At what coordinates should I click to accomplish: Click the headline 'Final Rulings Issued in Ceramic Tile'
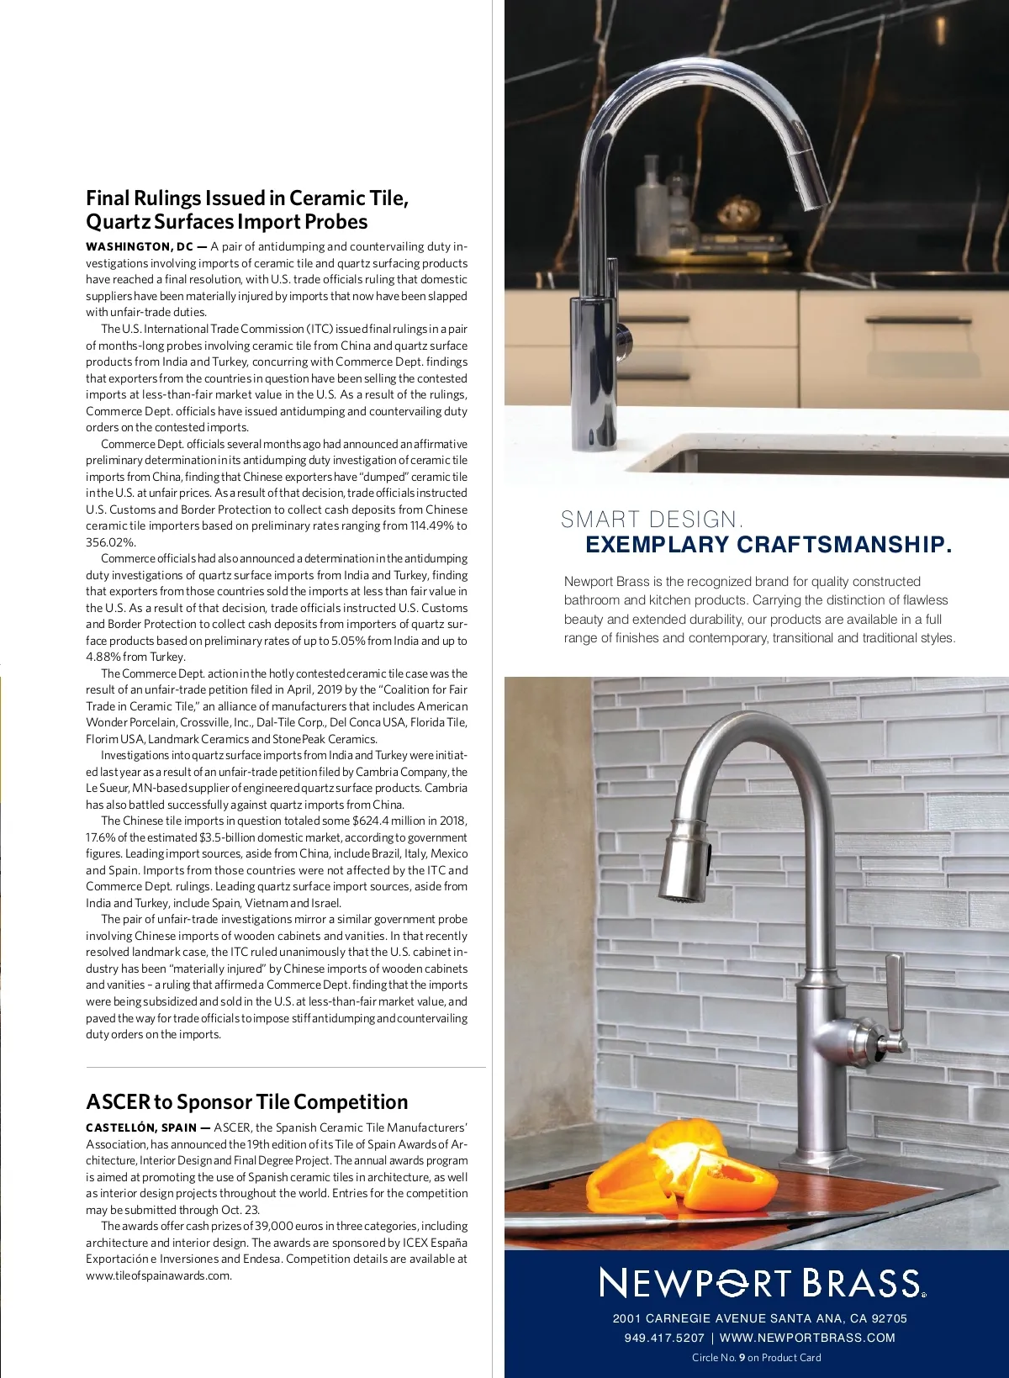coord(247,198)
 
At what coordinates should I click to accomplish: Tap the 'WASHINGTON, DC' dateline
coord(140,246)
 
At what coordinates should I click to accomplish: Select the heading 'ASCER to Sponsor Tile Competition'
coord(246,1101)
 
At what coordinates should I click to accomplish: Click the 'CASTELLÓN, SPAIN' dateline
coord(141,1127)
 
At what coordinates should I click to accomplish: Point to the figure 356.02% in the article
coord(110,542)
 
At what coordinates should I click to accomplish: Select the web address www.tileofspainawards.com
coord(158,1275)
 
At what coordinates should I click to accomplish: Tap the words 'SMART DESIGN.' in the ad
coord(652,520)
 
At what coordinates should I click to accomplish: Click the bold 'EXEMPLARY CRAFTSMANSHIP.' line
coord(769,545)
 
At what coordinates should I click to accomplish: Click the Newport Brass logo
coord(762,1283)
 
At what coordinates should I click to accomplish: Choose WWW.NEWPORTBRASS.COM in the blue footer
coord(807,1338)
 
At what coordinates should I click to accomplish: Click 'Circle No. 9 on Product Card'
coord(756,1357)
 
